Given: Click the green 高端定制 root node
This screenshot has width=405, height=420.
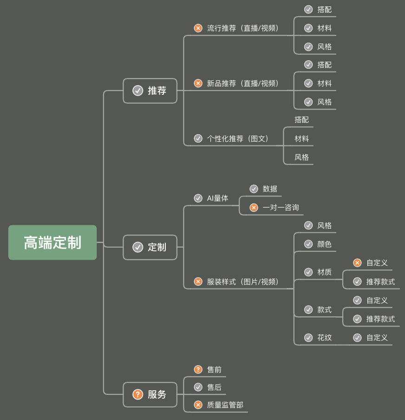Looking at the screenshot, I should click(52, 243).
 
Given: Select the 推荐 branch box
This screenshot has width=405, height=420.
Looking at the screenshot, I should click(150, 91).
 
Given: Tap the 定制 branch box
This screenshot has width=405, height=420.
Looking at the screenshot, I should click(150, 247).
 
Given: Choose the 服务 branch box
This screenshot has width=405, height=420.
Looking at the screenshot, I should click(150, 394).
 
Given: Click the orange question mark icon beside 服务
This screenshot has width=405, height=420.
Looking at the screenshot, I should click(137, 394).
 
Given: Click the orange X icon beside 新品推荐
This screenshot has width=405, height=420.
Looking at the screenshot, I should click(198, 83).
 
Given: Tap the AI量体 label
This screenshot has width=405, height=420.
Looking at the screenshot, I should click(218, 198).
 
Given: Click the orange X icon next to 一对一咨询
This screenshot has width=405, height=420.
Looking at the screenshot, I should click(254, 208).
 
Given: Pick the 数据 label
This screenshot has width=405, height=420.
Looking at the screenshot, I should click(270, 189).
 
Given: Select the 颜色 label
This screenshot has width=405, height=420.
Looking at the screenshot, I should click(324, 244).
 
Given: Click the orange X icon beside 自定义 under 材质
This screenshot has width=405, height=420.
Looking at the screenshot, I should click(357, 263).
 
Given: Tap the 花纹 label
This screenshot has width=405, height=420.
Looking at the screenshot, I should click(324, 337).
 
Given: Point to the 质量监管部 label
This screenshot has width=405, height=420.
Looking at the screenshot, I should click(225, 405).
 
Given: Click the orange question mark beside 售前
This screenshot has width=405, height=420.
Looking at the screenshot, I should click(198, 369).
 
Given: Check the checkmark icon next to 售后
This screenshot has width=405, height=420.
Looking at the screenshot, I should click(198, 387).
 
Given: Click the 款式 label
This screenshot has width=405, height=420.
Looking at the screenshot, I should click(324, 309).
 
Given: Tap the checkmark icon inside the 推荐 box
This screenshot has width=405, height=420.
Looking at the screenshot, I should click(137, 91).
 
